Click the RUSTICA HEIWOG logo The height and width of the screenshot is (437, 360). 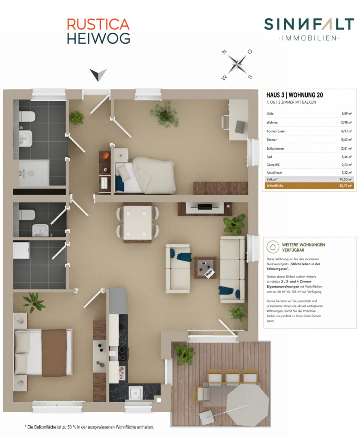coord(98,31)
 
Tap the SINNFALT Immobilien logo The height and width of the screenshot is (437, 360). coord(309,29)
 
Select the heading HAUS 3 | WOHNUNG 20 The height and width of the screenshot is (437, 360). coord(294,95)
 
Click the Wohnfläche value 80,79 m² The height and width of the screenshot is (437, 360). coord(345,186)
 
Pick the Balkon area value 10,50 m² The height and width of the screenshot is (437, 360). coord(345,180)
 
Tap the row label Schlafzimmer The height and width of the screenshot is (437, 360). coord(275,148)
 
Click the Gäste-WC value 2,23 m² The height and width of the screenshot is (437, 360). coord(347,165)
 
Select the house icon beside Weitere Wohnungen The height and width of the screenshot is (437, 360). coord(273,247)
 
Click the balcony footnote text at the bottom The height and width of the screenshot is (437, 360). coord(89,427)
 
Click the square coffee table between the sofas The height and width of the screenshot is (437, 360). coord(206,267)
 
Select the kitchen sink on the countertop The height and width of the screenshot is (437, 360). coord(136,393)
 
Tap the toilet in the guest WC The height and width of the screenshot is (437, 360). coord(27,214)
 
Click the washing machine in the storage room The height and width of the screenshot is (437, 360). coord(21,250)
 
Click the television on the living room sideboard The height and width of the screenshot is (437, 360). coord(205,207)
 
